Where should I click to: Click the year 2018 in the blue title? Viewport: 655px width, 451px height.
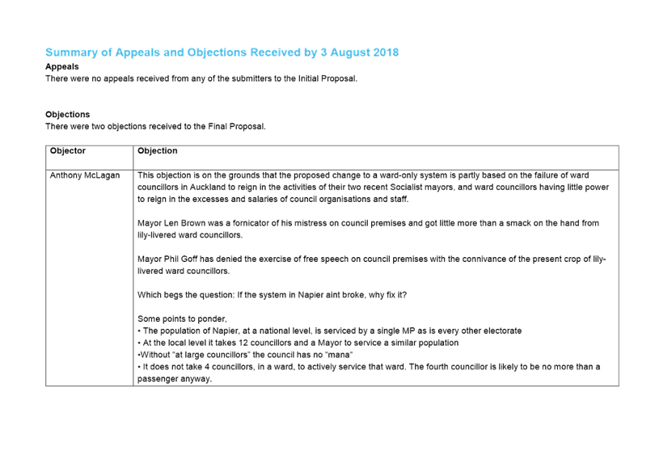tap(386, 53)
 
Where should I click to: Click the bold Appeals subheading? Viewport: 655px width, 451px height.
tap(61, 66)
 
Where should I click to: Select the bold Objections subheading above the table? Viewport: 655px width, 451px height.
tap(68, 115)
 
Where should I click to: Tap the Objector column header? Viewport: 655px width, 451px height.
tap(68, 151)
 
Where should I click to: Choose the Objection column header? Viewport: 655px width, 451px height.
tap(158, 151)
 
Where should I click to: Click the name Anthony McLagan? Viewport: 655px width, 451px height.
tap(85, 175)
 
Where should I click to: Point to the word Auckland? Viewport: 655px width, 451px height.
tap(208, 187)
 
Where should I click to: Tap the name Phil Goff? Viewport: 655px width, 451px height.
tap(180, 259)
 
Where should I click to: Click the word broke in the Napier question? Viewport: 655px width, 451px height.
tap(353, 295)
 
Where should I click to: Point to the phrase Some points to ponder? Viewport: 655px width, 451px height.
tap(182, 319)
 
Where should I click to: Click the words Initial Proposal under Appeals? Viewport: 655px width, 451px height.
tap(327, 78)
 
